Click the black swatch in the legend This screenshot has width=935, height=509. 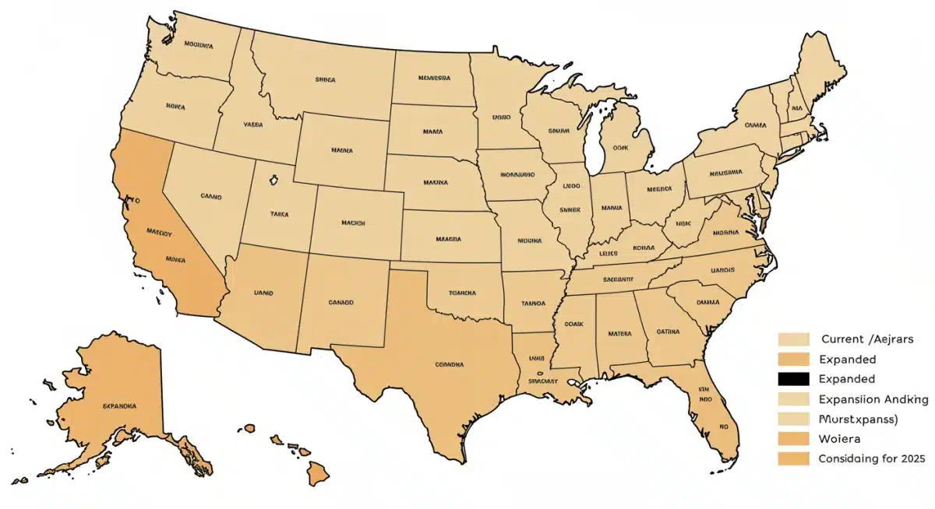coord(792,379)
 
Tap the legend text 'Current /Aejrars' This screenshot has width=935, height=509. coord(867,339)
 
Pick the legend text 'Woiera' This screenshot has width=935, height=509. coord(836,438)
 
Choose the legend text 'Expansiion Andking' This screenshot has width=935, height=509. coord(873,399)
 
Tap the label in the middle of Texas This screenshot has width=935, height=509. coord(449,363)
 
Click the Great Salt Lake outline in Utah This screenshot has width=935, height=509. coord(274,181)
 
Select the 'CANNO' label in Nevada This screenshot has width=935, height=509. coord(211,197)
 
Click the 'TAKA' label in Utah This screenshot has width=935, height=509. coord(278,213)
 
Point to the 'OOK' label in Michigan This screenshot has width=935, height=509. coord(620,146)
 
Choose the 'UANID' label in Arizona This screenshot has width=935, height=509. coord(264,293)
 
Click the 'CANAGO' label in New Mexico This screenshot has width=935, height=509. coord(340,301)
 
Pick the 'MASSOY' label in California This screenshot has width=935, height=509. coord(160,231)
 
